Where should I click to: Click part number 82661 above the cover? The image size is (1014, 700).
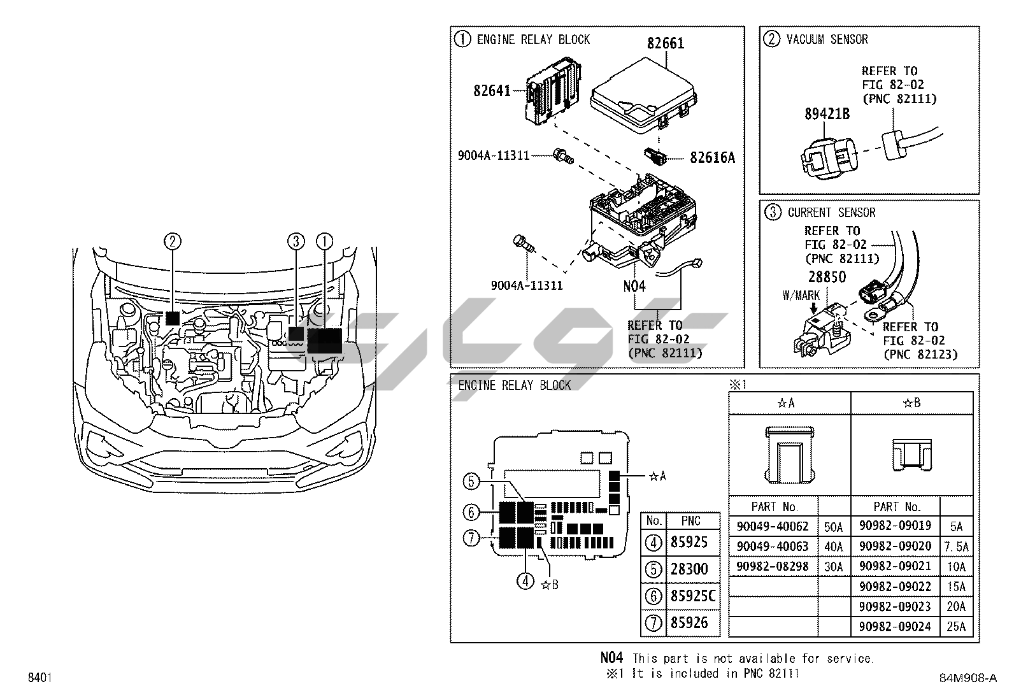[x=666, y=43]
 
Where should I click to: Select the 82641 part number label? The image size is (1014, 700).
[x=492, y=91]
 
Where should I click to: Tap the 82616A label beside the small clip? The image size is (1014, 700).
[x=712, y=158]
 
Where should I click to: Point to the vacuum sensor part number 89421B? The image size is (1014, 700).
[x=827, y=114]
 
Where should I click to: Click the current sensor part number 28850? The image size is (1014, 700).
[x=827, y=277]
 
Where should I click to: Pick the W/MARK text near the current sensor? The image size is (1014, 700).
[x=801, y=296]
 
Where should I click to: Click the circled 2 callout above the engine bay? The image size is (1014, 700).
[x=172, y=241]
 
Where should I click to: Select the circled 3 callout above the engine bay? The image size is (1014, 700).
[x=296, y=241]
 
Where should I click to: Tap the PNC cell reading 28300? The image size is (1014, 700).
[x=689, y=569]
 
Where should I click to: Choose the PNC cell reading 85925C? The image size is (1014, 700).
[x=693, y=596]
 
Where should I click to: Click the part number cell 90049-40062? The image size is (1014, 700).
[x=772, y=527]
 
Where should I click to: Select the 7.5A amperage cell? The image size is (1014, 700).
[x=956, y=546]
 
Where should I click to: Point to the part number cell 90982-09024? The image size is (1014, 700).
[x=895, y=627]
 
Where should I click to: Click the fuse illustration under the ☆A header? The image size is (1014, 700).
[x=789, y=454]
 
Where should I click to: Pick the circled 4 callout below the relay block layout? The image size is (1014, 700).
[x=525, y=580]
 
